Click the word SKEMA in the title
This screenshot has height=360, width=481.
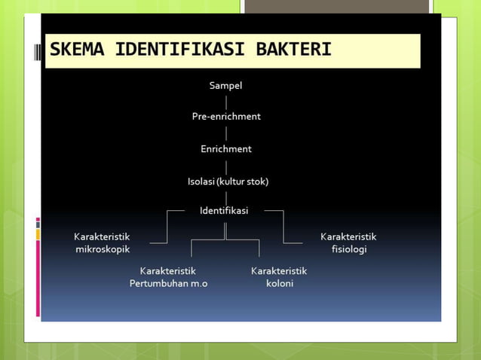click(x=77, y=51)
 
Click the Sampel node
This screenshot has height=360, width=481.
click(x=225, y=86)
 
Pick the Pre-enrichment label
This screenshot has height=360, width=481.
click(x=225, y=117)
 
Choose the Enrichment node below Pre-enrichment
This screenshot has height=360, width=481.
click(x=225, y=149)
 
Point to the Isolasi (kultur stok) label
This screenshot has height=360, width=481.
click(x=228, y=182)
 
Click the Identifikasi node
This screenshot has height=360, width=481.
click(x=224, y=210)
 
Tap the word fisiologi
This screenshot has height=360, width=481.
click(x=348, y=249)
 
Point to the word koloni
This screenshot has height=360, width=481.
click(x=279, y=284)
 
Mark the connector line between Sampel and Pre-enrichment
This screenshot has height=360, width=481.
click(x=225, y=101)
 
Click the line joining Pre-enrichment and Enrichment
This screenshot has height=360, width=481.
click(x=225, y=133)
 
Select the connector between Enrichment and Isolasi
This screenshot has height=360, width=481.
click(x=225, y=166)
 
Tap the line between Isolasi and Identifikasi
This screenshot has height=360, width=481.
click(x=225, y=196)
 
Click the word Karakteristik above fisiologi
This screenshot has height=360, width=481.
click(x=348, y=236)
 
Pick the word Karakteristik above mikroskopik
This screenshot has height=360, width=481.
click(x=102, y=236)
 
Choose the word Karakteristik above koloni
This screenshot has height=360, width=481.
click(x=279, y=270)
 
